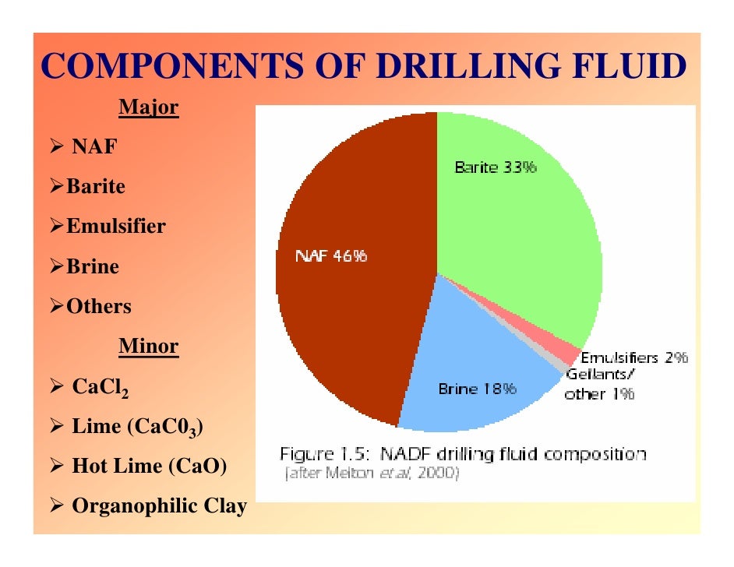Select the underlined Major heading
click(x=148, y=107)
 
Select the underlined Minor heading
click(x=148, y=346)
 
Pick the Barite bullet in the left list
click(x=95, y=187)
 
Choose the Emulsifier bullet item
click(x=115, y=227)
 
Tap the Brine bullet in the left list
click(x=92, y=266)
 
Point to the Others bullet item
click(x=98, y=306)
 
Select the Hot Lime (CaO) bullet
click(x=149, y=466)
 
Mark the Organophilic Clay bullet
click(x=159, y=505)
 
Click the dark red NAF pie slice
click(x=351, y=312)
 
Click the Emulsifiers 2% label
click(x=634, y=358)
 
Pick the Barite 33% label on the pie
click(x=495, y=167)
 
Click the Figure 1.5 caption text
click(x=463, y=454)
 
